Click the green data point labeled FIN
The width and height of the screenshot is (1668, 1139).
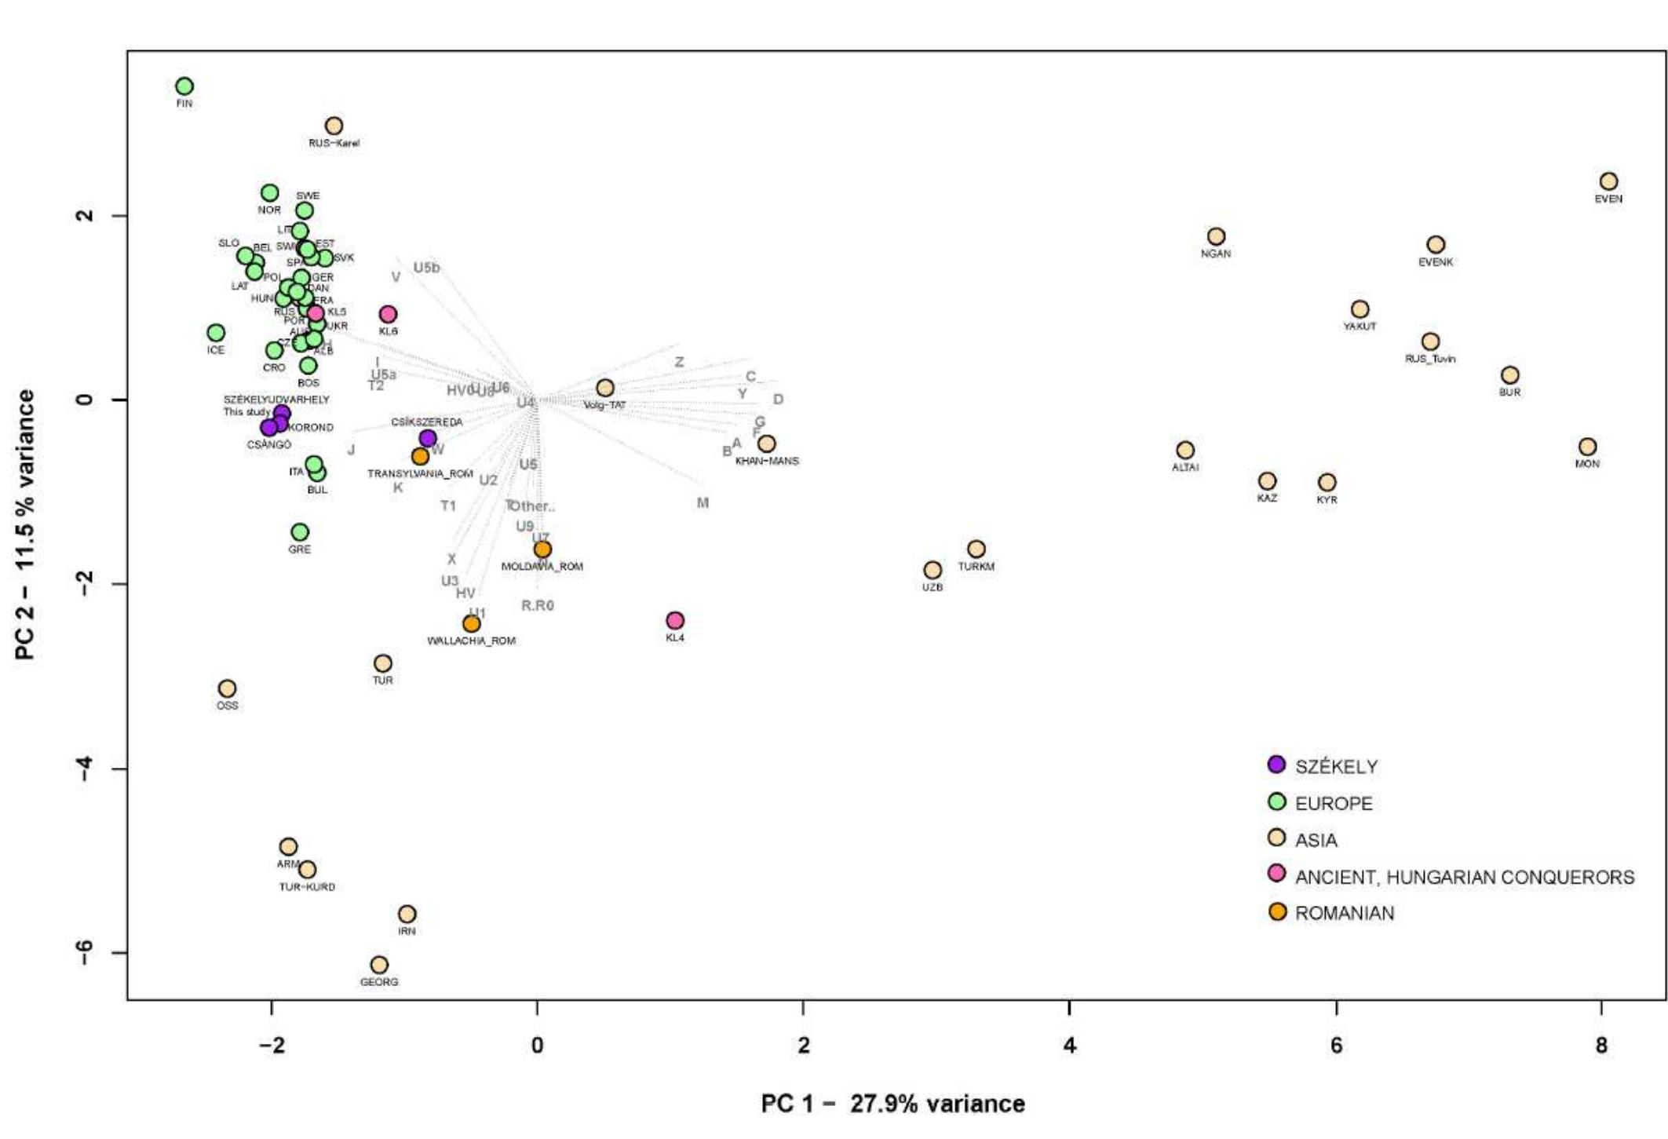(184, 86)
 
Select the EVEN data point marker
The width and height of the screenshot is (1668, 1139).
(1608, 181)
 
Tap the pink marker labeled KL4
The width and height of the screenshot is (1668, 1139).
(675, 620)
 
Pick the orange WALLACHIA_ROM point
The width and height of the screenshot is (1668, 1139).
(471, 624)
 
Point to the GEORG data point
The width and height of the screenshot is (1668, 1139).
(379, 965)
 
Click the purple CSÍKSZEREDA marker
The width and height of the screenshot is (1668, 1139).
(428, 438)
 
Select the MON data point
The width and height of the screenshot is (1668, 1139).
(1587, 447)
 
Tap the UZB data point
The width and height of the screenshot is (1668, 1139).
(933, 570)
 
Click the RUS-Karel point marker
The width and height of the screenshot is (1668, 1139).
(334, 126)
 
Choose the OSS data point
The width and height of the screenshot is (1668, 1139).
(227, 688)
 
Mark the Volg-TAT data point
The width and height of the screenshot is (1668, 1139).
(604, 388)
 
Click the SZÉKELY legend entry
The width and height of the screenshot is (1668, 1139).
(1336, 767)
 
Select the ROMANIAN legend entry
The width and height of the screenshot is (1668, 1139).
(1344, 913)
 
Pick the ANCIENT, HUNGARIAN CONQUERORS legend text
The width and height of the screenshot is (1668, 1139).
(1464, 877)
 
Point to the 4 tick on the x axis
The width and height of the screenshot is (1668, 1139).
(1070, 1046)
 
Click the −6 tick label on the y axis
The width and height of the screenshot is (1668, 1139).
(85, 952)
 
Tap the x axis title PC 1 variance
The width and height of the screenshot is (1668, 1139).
(892, 1104)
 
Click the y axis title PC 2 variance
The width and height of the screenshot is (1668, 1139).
(25, 524)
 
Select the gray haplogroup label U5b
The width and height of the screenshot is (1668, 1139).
(426, 268)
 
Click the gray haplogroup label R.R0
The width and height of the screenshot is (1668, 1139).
(538, 605)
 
